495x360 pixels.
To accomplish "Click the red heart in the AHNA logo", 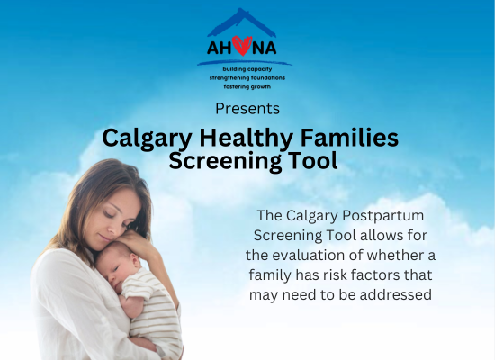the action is point(242,46).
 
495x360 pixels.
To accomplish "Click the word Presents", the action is point(247,109).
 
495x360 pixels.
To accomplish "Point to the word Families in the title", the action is point(349,138).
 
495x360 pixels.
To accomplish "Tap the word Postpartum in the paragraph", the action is point(383,216).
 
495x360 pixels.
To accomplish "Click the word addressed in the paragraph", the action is point(396,294).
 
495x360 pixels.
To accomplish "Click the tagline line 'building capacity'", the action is point(247,69).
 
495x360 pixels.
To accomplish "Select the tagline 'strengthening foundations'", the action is point(247,77).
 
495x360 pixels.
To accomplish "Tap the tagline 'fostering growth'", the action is point(247,86).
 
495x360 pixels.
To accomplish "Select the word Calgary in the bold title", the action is point(147,139).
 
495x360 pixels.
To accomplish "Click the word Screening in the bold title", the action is point(225,161).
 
